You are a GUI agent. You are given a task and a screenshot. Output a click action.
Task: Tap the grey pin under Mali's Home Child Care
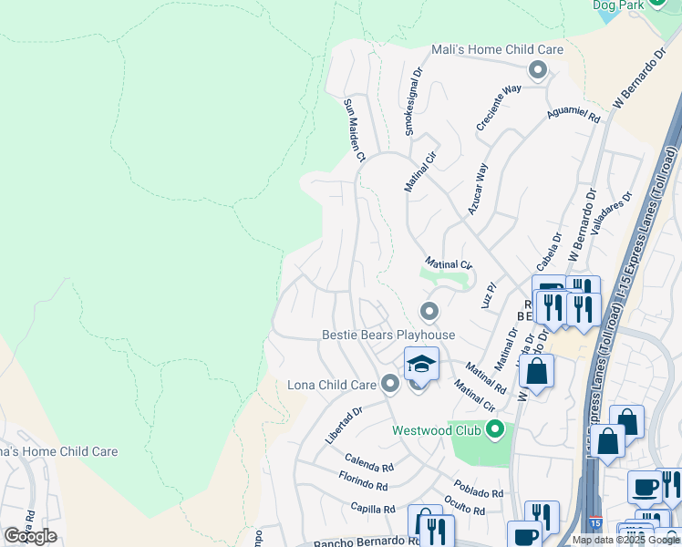(x=538, y=69)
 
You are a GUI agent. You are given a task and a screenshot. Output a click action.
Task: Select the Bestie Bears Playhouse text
(x=388, y=335)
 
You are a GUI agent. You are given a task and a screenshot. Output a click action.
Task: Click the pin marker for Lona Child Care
(x=391, y=384)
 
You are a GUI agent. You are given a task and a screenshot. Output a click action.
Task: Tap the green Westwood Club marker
(x=495, y=428)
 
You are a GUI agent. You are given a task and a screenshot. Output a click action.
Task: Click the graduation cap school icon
(x=421, y=364)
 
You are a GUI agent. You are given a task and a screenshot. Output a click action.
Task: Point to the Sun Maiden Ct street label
(x=354, y=130)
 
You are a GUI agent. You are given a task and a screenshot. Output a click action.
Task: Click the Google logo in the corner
(x=30, y=535)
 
